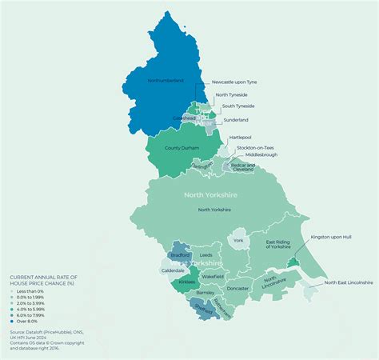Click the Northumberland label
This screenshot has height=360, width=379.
(166, 81)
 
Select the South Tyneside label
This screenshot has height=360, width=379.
(238, 106)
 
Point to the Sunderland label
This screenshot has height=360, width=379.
(236, 119)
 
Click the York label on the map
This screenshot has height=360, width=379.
(237, 240)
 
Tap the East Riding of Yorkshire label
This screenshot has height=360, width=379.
(278, 244)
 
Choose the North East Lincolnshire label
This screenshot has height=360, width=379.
(349, 282)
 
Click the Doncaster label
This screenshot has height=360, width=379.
(238, 288)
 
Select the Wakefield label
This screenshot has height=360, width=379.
(212, 276)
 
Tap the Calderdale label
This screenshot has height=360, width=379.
(173, 270)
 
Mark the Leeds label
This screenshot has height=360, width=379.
(206, 255)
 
